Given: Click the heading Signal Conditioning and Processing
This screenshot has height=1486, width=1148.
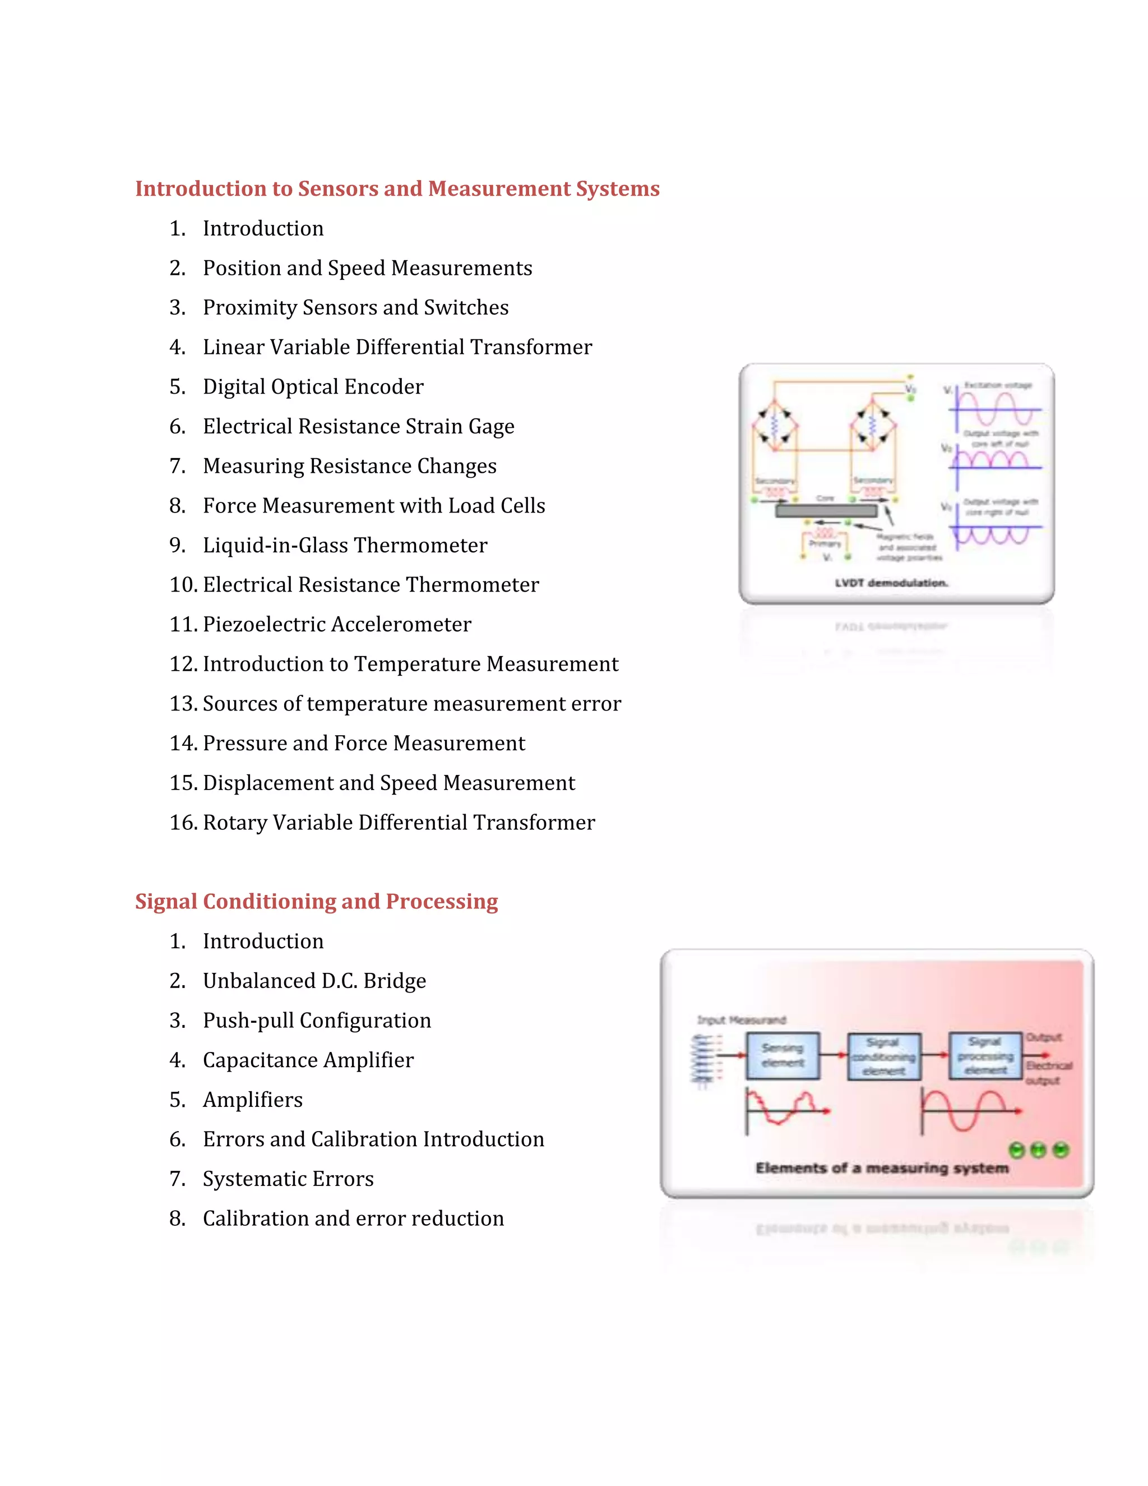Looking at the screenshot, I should pyautogui.click(x=316, y=901).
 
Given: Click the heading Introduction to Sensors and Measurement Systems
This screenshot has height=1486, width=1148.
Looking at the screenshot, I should pyautogui.click(x=397, y=188).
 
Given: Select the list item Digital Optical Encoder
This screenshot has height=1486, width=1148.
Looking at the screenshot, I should pyautogui.click(x=313, y=386).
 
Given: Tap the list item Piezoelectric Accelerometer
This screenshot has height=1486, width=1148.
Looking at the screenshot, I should pyautogui.click(x=337, y=624).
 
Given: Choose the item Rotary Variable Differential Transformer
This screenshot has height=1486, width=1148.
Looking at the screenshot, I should pyautogui.click(x=399, y=822).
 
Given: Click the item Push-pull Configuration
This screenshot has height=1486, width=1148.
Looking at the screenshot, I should pyautogui.click(x=317, y=1020).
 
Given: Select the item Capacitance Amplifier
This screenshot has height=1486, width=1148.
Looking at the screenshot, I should pyautogui.click(x=308, y=1059).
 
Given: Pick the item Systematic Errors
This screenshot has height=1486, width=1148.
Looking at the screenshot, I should pyautogui.click(x=288, y=1179).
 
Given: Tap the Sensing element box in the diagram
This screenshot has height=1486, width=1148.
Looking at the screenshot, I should pyautogui.click(x=782, y=1055).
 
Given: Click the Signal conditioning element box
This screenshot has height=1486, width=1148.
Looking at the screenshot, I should pyautogui.click(x=883, y=1056).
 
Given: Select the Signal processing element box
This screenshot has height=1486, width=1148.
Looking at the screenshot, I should pyautogui.click(x=985, y=1055).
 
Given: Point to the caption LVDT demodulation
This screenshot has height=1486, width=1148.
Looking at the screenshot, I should pyautogui.click(x=891, y=583).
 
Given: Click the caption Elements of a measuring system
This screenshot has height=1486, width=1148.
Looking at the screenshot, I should pyautogui.click(x=882, y=1167).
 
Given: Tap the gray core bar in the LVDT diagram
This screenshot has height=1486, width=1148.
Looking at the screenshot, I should pyautogui.click(x=826, y=510).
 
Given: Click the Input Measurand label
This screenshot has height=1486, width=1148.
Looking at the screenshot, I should pyautogui.click(x=741, y=1020).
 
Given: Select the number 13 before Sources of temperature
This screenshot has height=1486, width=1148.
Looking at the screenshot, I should pyautogui.click(x=183, y=704).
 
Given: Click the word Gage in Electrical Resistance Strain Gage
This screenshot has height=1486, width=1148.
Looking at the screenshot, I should pyautogui.click(x=491, y=426).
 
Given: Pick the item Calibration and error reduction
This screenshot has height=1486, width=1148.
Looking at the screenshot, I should pyautogui.click(x=353, y=1218).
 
